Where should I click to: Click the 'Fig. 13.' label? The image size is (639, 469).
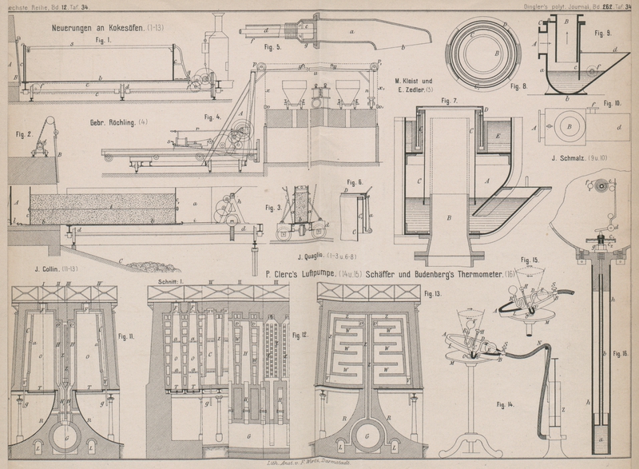pyautogui.click(x=432, y=294)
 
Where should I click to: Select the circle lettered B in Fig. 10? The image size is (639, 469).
pyautogui.click(x=570, y=126)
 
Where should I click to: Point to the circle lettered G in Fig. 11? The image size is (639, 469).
pyautogui.click(x=64, y=438)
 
